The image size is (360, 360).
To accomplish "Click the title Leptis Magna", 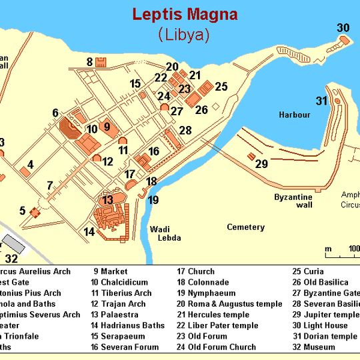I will pyautogui.click(x=184, y=14).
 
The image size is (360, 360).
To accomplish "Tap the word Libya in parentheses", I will pyautogui.click(x=184, y=35).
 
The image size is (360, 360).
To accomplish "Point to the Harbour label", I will pyautogui.click(x=295, y=115).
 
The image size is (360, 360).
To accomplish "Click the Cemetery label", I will pyautogui.click(x=245, y=227).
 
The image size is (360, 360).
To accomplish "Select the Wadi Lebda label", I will pyautogui.click(x=164, y=233).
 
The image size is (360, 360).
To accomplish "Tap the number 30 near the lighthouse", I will pyautogui.click(x=343, y=27).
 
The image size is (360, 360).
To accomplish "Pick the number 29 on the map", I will pyautogui.click(x=261, y=163).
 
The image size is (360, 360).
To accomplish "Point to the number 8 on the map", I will pyautogui.click(x=89, y=62).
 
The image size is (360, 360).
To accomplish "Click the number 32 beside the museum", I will pyautogui.click(x=12, y=258).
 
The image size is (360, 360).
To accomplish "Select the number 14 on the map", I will pyautogui.click(x=89, y=232).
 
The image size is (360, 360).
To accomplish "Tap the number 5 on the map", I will pyautogui.click(x=22, y=211).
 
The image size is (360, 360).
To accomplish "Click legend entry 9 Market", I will pyautogui.click(x=110, y=271).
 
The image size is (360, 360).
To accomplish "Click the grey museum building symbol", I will pyautogui.click(x=13, y=243).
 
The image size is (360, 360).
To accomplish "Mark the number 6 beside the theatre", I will pyautogui.click(x=55, y=113).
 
